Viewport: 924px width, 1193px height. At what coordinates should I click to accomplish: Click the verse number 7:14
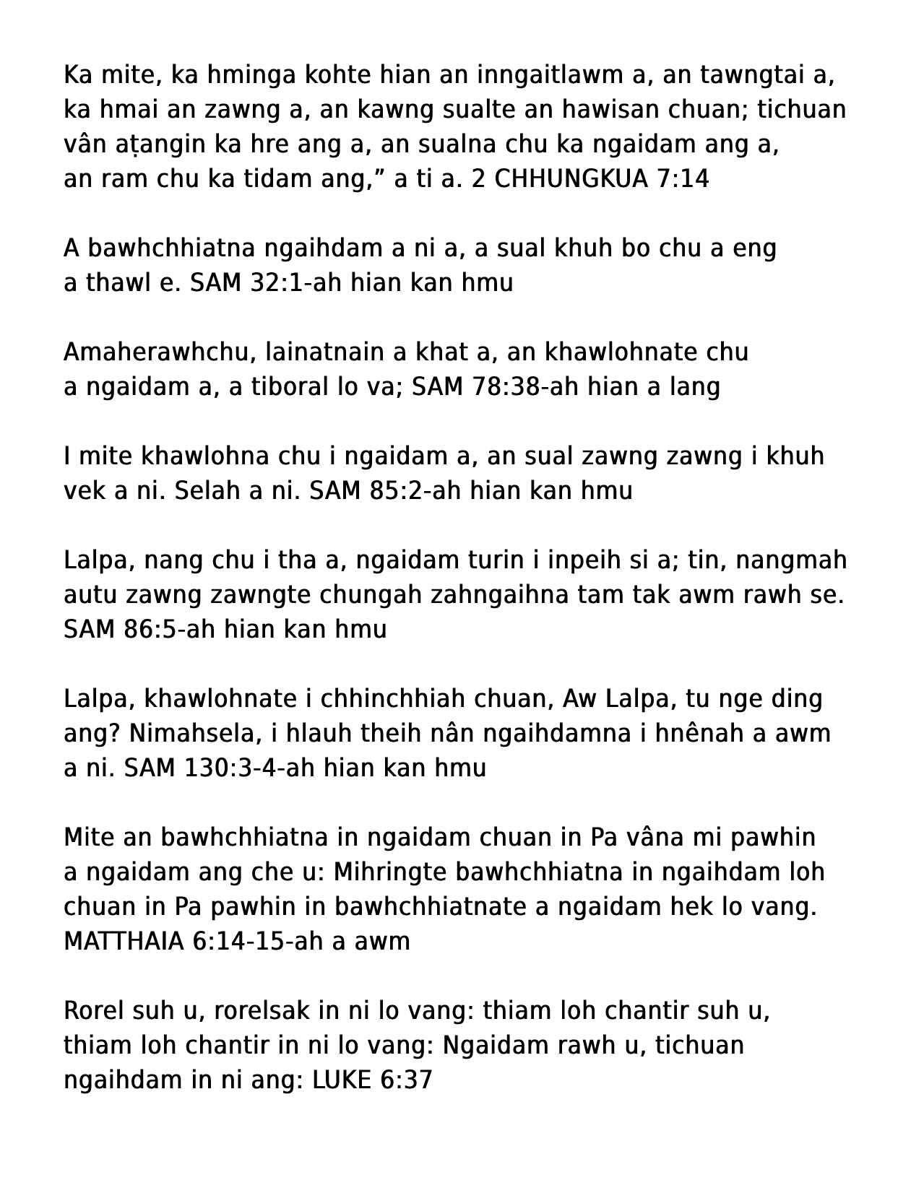click(683, 179)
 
